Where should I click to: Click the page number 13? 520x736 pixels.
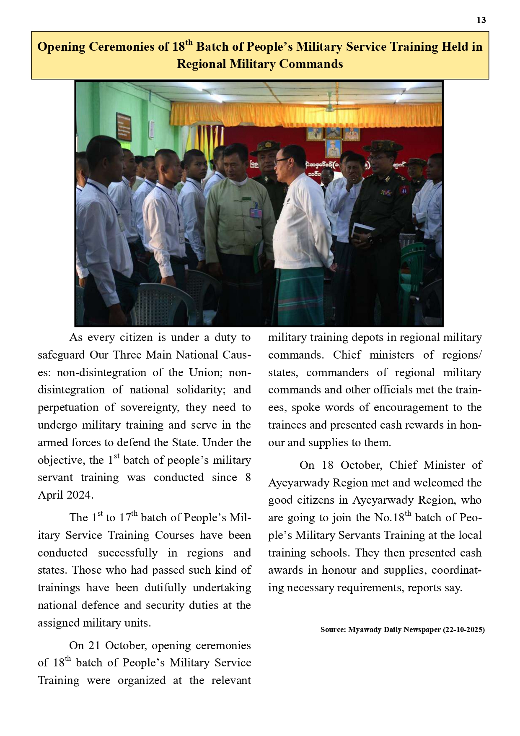pos(481,20)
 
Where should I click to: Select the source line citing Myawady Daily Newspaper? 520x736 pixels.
pos(402,629)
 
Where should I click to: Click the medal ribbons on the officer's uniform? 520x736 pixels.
pos(386,193)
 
